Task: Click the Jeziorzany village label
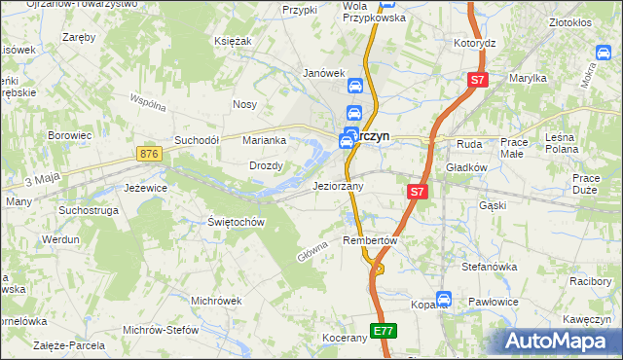338,186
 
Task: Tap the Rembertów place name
371,240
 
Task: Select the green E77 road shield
384,332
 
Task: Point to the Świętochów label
237,222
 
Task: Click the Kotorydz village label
475,44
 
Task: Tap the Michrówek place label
216,301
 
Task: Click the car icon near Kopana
444,300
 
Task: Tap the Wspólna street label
149,102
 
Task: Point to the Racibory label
590,281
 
